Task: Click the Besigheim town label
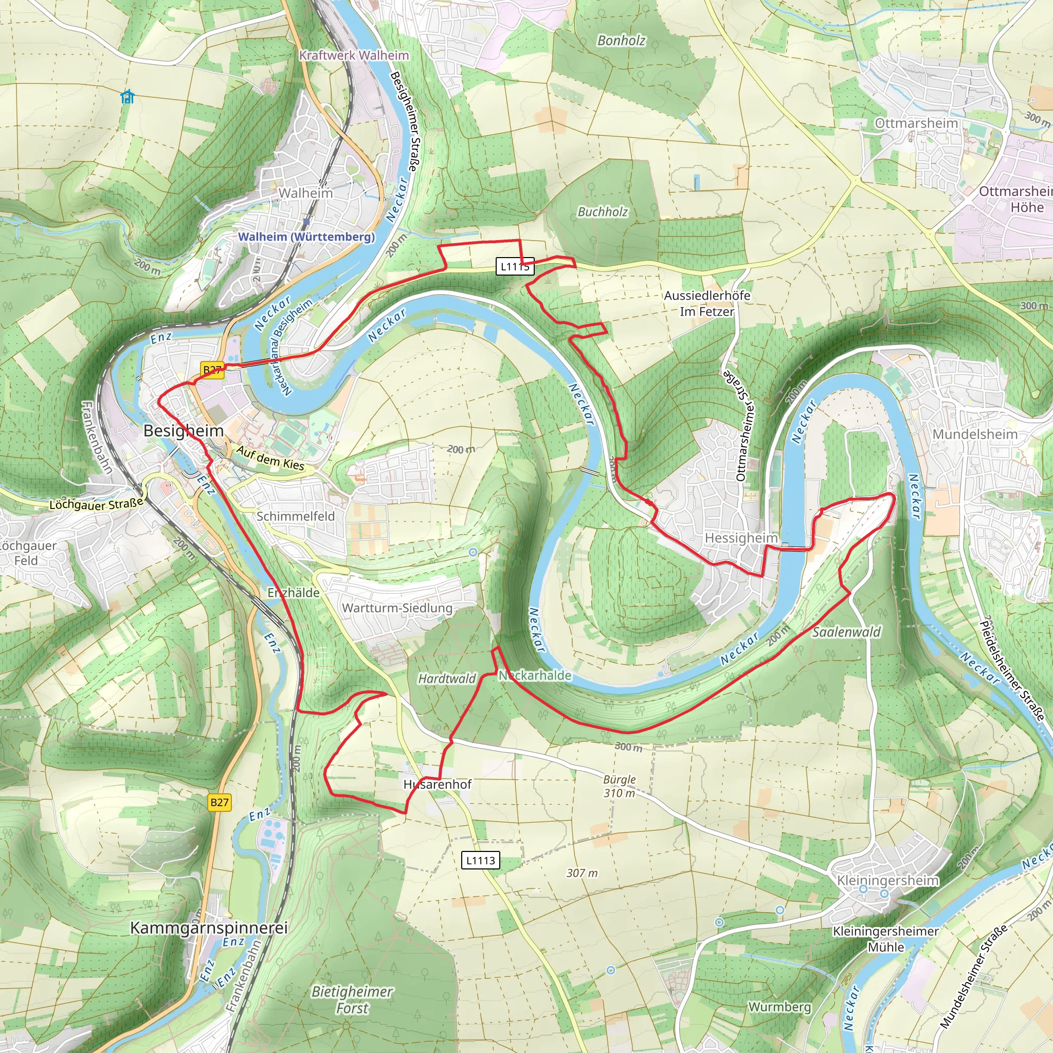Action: coord(183,430)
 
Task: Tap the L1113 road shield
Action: coord(480,860)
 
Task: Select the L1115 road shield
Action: coord(515,266)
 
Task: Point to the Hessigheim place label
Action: coord(741,538)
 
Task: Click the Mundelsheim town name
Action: coord(974,434)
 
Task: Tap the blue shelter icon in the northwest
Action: coord(128,97)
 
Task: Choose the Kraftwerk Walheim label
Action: coord(354,55)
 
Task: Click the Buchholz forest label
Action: coord(602,212)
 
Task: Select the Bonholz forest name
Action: coord(621,40)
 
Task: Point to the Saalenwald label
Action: coord(846,632)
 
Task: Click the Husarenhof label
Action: coord(437,784)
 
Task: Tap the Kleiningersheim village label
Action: coord(887,880)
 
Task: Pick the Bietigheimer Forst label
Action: coord(352,1000)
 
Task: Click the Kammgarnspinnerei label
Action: coord(209,928)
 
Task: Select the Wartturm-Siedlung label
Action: coord(397,608)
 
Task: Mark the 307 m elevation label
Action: coord(582,873)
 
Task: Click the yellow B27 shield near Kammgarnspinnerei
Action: coord(219,802)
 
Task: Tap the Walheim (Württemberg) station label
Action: coord(306,237)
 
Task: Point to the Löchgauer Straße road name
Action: coord(96,504)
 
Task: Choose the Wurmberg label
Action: coord(779,1007)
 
